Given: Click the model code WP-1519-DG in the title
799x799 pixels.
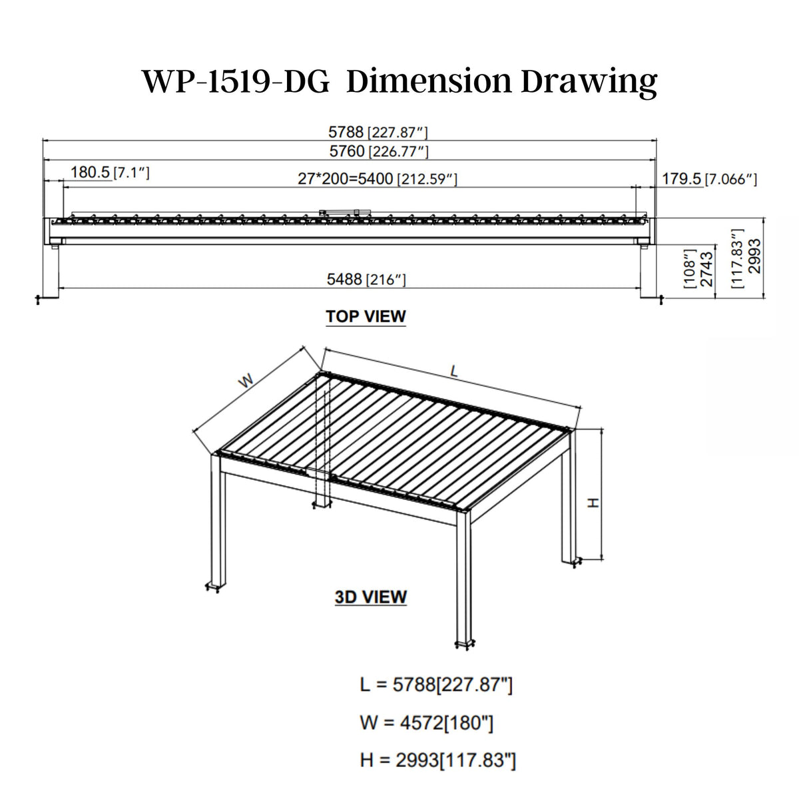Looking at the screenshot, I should tap(236, 81).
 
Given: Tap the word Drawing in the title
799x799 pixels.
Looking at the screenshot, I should tap(589, 81).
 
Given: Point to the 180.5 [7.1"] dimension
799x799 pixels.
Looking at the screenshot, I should tap(110, 173).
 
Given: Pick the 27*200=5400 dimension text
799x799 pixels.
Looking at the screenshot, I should tap(377, 178).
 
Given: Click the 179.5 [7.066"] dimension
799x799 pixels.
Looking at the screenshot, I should tap(709, 178).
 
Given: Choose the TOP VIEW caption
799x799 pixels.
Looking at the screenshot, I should tap(366, 316).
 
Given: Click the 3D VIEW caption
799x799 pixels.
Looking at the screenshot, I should tap(371, 597).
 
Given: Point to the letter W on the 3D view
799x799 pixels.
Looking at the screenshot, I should tap(246, 382).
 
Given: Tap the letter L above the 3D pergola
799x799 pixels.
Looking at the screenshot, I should tap(454, 373).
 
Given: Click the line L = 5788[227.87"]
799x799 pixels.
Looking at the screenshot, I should tap(436, 684).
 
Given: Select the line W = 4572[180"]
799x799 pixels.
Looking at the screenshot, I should tap(427, 722).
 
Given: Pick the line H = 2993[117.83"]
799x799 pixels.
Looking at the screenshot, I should tap(437, 760).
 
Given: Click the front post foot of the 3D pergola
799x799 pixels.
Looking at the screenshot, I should tap(465, 643).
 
